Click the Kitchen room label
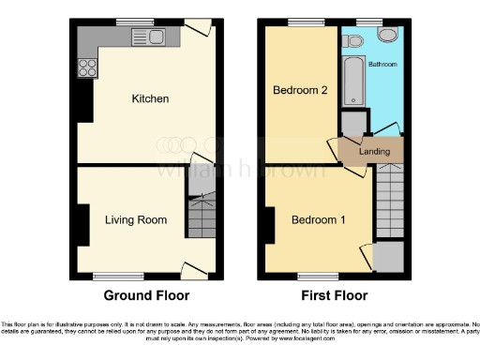(x=150, y=98)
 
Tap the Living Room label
(x=136, y=220)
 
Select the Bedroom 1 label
(x=319, y=220)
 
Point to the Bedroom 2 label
(x=299, y=91)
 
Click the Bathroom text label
(x=382, y=66)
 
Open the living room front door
(x=194, y=269)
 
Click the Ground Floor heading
(x=146, y=295)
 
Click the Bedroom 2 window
(x=300, y=21)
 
